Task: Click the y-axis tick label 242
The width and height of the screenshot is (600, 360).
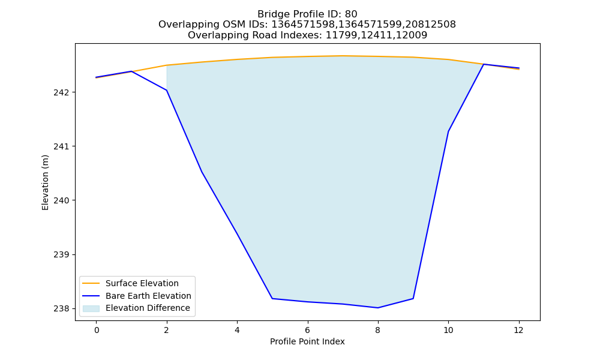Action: coord(61,92)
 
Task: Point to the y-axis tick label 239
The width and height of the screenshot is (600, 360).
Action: coord(61,254)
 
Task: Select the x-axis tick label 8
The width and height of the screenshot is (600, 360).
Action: coord(377,330)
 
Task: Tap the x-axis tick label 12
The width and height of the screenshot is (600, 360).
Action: coord(518,330)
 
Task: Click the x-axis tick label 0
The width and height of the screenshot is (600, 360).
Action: coord(97,330)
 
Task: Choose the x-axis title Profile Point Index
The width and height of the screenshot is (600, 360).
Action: coord(307,341)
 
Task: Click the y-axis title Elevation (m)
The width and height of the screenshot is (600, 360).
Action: coord(45,182)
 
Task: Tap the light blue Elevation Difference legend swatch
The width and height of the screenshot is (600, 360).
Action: coord(91,308)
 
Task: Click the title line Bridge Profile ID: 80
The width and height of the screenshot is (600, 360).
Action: coord(307,14)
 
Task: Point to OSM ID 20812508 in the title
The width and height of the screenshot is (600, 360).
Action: coord(431,25)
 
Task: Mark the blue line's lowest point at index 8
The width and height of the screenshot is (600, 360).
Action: coord(377,308)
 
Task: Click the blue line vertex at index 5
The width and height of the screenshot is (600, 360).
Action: coord(272,298)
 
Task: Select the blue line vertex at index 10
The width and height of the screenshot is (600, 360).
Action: coord(448,131)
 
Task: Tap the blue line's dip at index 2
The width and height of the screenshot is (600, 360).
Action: coord(166,90)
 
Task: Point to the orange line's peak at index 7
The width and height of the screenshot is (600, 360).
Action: coord(343,56)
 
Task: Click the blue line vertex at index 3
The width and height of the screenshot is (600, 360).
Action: coord(202,172)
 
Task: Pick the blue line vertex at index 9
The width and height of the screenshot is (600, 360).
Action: coord(413,298)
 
